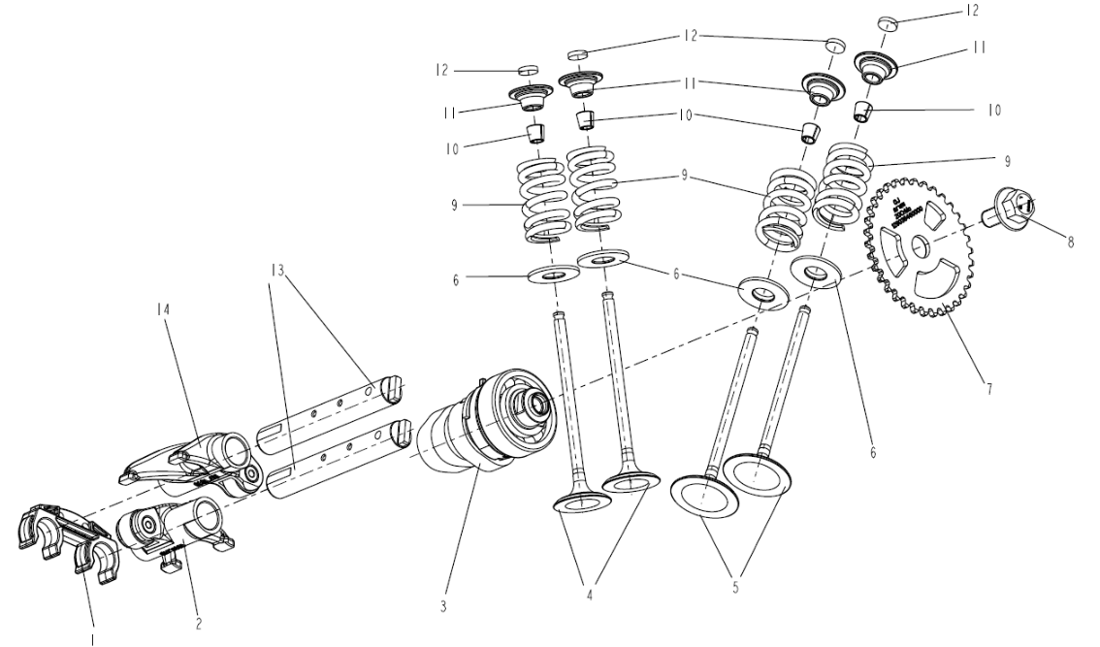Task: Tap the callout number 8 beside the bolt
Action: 1071,243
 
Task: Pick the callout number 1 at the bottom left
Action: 94,637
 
